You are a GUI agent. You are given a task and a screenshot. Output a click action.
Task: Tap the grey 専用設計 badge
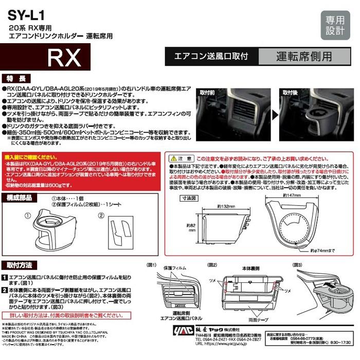335,25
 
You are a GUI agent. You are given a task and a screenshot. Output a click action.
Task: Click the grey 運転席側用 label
303,56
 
